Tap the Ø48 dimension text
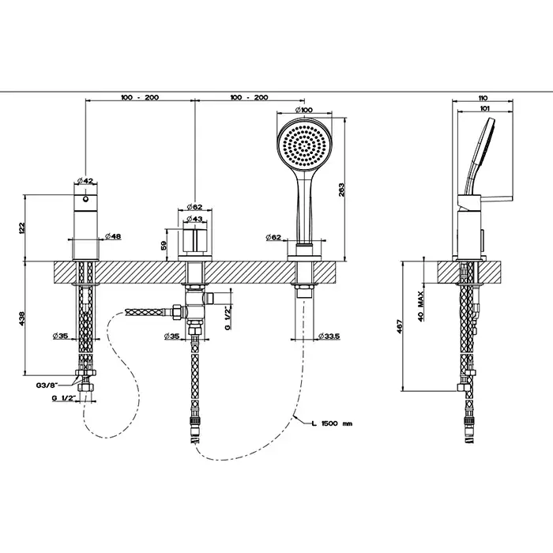pyautogui.click(x=112, y=237)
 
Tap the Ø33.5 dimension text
pyautogui.click(x=329, y=337)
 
